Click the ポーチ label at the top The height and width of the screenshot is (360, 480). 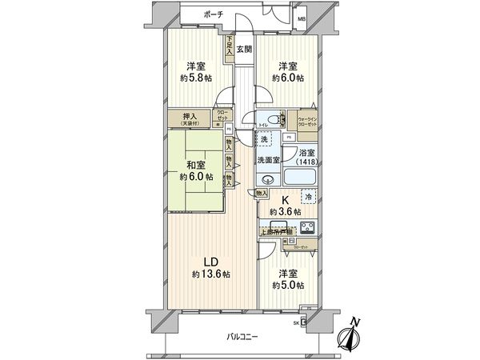coord(213,14)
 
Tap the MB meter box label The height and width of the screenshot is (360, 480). coord(302,18)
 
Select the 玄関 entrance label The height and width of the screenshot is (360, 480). coord(245,49)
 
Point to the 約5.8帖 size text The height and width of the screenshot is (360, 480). coord(197,79)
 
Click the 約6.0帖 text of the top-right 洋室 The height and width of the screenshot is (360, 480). coord(288,78)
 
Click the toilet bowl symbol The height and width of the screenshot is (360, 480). coord(275,121)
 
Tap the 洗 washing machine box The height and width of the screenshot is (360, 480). coord(264,140)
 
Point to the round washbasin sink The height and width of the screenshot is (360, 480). coord(267,179)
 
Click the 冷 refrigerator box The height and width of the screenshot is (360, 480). coord(308,196)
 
